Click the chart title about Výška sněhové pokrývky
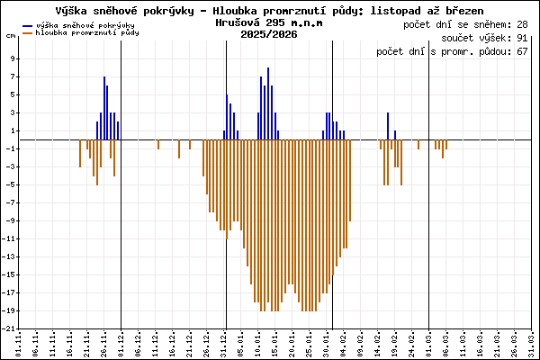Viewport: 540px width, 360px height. coord(269,9)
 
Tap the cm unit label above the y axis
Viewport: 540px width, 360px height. coord(10,35)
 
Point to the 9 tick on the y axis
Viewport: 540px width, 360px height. coord(12,58)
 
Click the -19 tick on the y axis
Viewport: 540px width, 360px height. coord(9,311)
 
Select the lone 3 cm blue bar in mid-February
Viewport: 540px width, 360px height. coord(388,126)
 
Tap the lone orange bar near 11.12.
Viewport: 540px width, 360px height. coord(158,145)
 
